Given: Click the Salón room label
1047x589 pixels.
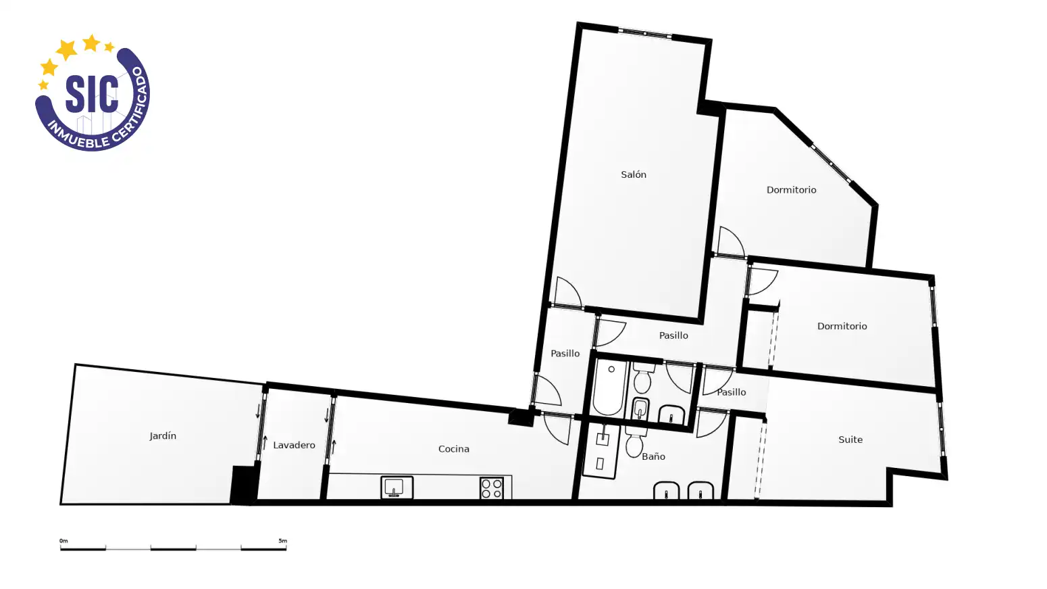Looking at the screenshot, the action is pos(634,174).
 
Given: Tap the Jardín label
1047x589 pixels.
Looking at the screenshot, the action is pos(163,436).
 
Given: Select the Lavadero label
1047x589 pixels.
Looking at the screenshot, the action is pos(294,445).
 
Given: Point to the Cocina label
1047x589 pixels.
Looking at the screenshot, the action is pos(453,449).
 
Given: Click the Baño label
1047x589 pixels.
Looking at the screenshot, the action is pos(653,456).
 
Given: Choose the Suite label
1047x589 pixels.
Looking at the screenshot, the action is pos(850,440).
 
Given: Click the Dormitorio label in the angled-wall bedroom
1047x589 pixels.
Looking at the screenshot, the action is pos(791,189).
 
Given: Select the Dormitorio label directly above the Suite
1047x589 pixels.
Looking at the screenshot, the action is pos(842,326).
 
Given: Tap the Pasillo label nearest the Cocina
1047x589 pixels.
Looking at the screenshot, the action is pos(565,353).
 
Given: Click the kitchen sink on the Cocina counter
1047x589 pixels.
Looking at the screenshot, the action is pos(397,488).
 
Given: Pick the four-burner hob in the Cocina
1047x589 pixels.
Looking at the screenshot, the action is pos(492,488).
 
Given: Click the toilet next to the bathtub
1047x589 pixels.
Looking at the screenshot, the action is pos(642,378).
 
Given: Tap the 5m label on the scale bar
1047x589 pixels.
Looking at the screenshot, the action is pos(283,541).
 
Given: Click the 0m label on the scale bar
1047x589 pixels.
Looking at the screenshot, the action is pos(63,541).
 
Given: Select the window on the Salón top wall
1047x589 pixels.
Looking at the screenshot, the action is pos(644,33).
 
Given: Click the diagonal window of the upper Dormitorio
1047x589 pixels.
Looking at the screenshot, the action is pos(831,163).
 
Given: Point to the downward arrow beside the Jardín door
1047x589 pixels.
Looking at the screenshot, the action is pos(257,411).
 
